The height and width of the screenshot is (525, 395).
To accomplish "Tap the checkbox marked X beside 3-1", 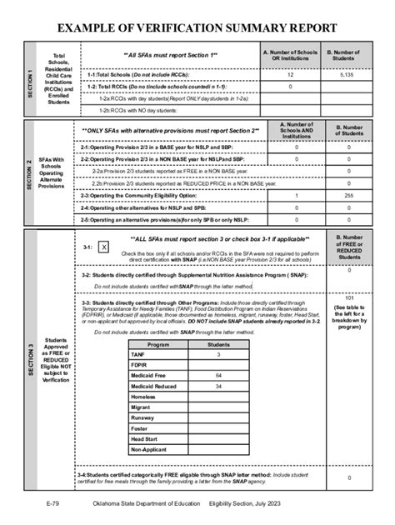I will [103, 247].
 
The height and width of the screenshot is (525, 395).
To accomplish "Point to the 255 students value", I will [349, 195].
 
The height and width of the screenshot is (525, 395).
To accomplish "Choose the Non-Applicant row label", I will [148, 449].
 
